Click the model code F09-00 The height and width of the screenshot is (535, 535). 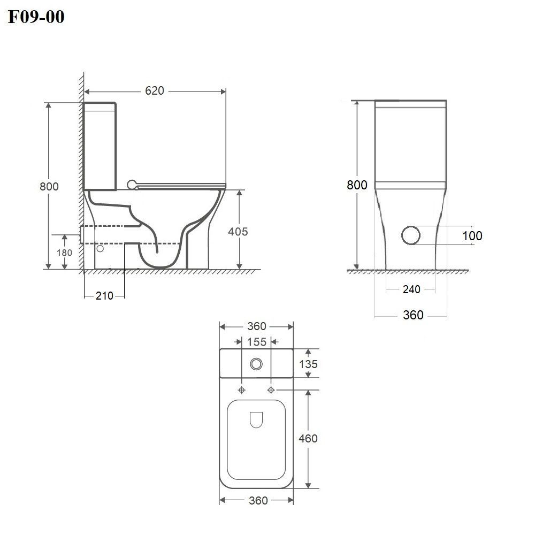pos(36,17)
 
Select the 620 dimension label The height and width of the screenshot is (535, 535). pos(155,91)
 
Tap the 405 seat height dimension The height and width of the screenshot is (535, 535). pos(238,232)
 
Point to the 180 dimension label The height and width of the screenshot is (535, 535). pos(65,253)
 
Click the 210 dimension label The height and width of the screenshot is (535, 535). pos(104,296)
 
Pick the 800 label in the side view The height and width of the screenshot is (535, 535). pos(49,186)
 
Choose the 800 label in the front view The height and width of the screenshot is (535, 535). pos(357,185)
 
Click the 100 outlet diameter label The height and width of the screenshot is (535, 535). pos(472,236)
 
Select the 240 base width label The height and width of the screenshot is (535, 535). pos(411,289)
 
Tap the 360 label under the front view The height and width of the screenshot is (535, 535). pos(413,315)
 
